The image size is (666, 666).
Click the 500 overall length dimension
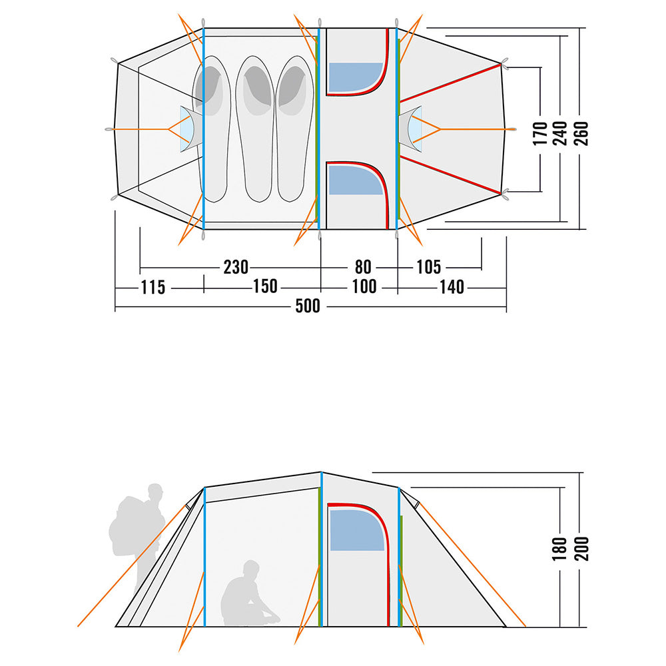point(308,306)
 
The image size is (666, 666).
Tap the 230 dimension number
point(236,267)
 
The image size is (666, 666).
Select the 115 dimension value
point(153,288)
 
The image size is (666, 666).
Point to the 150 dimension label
point(265,286)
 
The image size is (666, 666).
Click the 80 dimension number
point(363,267)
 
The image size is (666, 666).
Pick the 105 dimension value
point(428,267)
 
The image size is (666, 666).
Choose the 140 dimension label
point(452,288)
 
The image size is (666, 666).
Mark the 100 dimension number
point(364,286)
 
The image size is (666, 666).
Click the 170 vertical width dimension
point(540,133)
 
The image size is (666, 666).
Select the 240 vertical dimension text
point(560,133)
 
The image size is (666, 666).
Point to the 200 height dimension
point(581,549)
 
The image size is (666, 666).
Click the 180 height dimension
point(560,549)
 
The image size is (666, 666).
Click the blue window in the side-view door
point(357,530)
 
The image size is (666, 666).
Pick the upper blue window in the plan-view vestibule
point(356,77)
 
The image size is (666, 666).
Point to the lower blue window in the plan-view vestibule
point(356,180)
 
